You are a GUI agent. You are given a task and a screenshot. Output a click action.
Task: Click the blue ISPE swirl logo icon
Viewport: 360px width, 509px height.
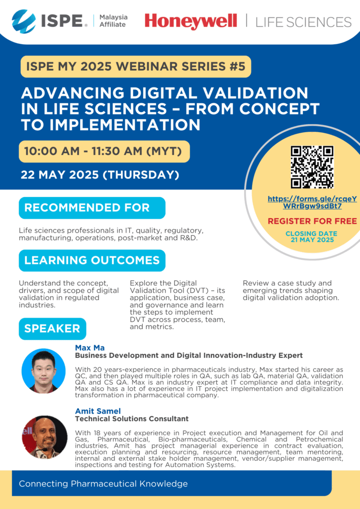coord(24,21)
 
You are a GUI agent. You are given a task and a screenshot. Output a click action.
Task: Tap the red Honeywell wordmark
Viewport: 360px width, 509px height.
coord(191,21)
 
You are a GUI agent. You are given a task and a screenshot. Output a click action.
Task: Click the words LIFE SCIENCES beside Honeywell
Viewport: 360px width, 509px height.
coord(303,22)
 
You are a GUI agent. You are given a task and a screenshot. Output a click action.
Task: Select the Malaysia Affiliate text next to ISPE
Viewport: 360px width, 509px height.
coord(113,21)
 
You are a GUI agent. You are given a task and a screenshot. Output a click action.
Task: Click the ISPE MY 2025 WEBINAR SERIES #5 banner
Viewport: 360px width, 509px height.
coord(136,67)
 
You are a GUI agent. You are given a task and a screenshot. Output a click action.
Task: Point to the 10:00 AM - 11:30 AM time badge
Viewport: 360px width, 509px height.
coord(104,151)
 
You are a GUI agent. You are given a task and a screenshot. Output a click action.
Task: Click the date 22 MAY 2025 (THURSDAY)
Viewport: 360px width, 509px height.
coord(100,175)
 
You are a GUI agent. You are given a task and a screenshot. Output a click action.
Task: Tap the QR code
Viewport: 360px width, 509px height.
coord(312,167)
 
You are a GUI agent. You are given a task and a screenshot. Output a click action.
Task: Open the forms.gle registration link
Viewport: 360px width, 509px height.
coord(312,203)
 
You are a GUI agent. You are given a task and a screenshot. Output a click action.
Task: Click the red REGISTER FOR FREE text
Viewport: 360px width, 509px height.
coord(312,221)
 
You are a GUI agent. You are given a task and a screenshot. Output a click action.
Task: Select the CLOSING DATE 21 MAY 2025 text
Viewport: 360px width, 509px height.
coord(312,237)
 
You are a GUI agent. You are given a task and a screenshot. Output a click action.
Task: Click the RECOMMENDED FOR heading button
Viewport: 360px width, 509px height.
coord(92,208)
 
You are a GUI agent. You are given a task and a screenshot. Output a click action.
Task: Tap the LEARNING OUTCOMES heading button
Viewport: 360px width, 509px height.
coord(92,260)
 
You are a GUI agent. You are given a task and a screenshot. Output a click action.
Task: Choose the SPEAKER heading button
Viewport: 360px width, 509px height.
coord(53,329)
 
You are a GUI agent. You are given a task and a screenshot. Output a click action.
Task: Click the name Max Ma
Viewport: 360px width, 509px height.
coord(90,348)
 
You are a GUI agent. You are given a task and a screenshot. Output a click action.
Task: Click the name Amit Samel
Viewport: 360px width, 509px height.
coord(98,411)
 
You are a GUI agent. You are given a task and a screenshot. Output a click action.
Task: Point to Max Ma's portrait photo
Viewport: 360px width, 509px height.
coord(43,371)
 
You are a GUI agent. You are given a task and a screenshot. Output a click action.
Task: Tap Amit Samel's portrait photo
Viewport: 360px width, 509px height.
coord(45,437)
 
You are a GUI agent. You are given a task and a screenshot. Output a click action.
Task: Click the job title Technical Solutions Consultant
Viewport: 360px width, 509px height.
coord(132,419)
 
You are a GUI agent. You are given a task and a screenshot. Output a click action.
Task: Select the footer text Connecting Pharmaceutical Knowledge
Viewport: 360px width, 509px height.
coord(103,484)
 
